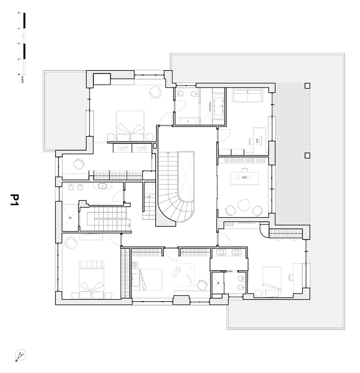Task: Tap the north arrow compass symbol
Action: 19,355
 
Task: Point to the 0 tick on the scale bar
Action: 19,13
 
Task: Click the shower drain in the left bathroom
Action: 70,216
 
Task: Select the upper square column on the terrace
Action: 307,85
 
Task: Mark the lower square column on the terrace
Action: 307,155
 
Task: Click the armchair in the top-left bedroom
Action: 155,92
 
